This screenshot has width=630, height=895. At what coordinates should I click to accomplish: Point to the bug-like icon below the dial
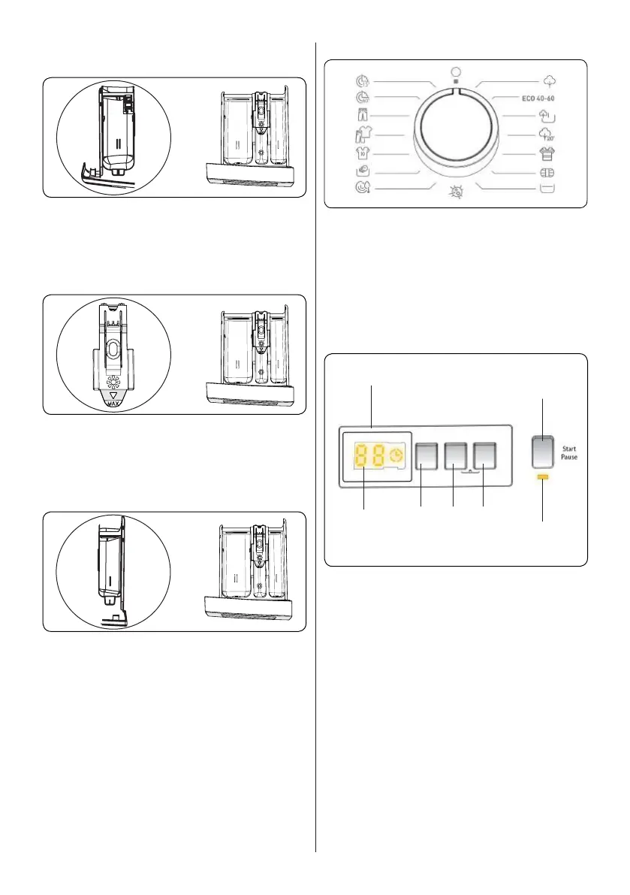click(x=454, y=193)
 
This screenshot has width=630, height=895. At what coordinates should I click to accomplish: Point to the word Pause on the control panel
click(x=568, y=457)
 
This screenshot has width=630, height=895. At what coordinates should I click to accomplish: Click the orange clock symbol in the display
click(x=396, y=455)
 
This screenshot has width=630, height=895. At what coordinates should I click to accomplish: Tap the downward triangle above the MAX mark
click(x=114, y=395)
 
